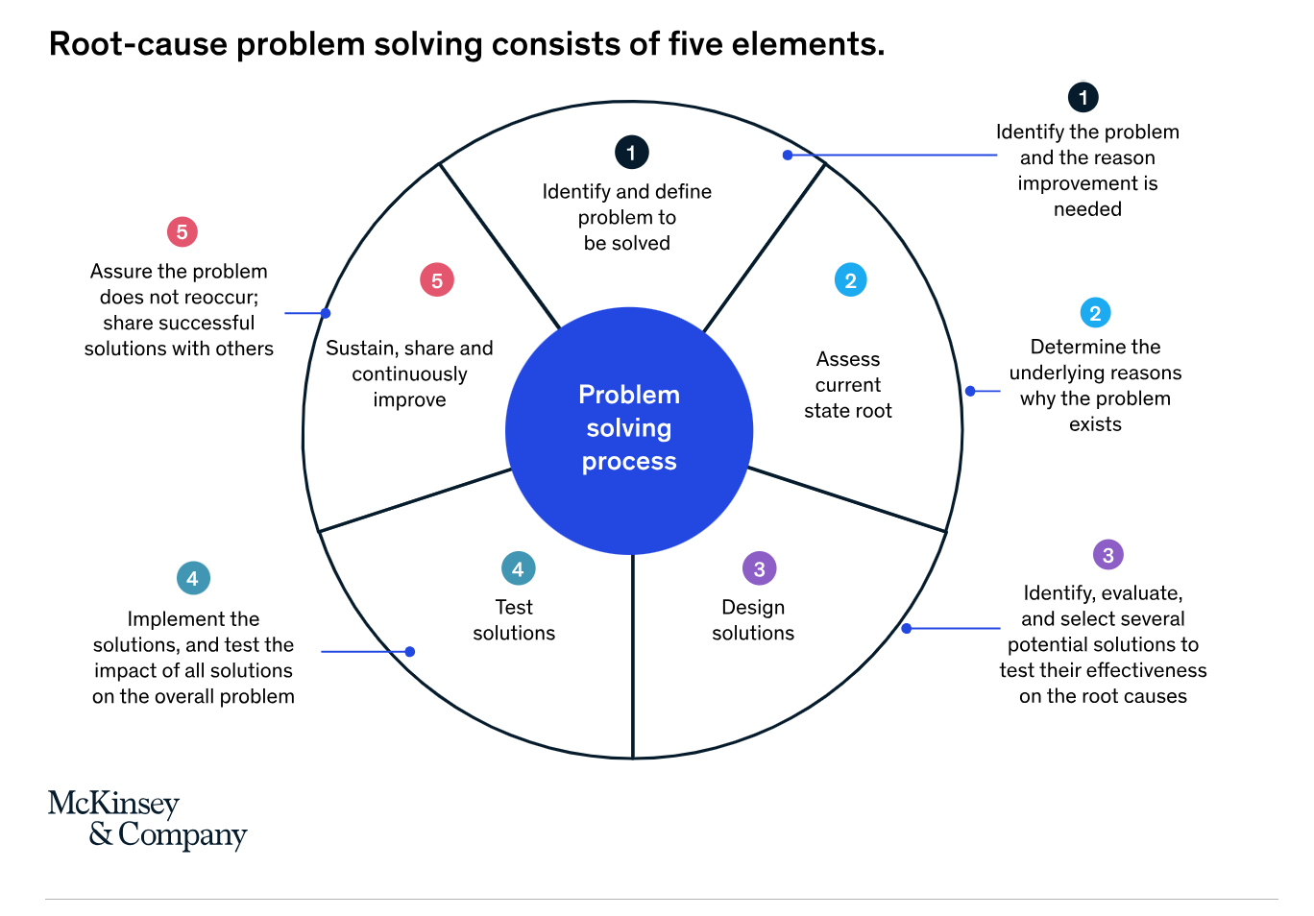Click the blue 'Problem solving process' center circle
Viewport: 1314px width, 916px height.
click(x=629, y=430)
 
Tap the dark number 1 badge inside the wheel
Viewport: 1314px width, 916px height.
click(x=631, y=152)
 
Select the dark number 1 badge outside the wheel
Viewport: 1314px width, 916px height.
click(x=1083, y=97)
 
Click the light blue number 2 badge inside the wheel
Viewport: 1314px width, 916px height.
click(x=850, y=280)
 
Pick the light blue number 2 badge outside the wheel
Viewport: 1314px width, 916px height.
click(x=1095, y=313)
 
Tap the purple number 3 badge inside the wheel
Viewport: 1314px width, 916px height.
click(x=759, y=568)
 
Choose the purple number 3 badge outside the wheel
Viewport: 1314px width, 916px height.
click(x=1107, y=555)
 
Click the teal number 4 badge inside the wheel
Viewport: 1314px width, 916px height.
click(x=518, y=568)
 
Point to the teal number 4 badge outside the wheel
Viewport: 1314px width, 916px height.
click(x=193, y=578)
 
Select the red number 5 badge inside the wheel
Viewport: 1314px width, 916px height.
click(x=437, y=280)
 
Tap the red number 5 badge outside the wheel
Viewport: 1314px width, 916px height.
click(x=182, y=231)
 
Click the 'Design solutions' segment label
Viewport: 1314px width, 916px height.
click(x=753, y=620)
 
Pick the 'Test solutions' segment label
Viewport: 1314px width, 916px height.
click(x=514, y=620)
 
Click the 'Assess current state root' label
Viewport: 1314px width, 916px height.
click(x=848, y=385)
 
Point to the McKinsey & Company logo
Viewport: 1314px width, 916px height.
click(x=147, y=819)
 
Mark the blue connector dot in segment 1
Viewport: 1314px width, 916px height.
click(x=788, y=155)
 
